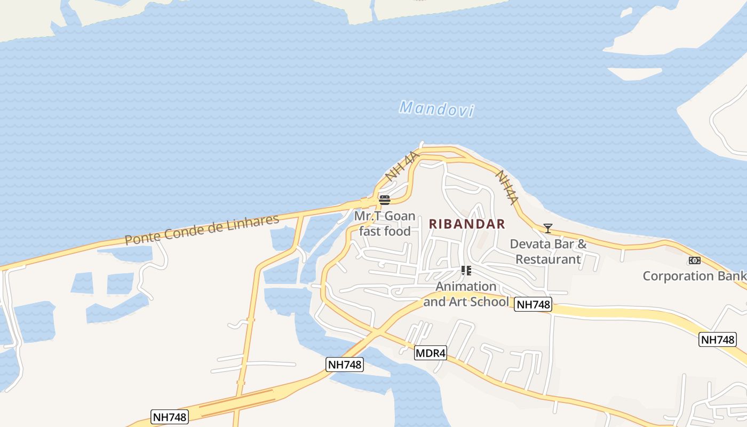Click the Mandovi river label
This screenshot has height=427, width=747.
436,109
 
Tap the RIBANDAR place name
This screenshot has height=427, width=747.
467,224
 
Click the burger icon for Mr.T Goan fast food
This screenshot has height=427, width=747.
384,200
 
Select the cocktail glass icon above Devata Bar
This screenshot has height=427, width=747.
548,228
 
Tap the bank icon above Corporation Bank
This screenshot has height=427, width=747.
694,260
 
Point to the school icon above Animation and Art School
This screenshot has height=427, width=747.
466,271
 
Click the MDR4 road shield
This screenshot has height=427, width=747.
430,353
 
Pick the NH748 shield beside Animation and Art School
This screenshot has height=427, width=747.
533,305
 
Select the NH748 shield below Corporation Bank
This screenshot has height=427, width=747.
718,339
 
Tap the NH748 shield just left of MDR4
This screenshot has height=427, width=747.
345,365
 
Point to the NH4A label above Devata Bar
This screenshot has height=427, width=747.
507,187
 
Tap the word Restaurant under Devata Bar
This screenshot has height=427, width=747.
548,259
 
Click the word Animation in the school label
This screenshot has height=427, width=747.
466,287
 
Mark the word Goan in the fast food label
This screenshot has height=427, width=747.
400,216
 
